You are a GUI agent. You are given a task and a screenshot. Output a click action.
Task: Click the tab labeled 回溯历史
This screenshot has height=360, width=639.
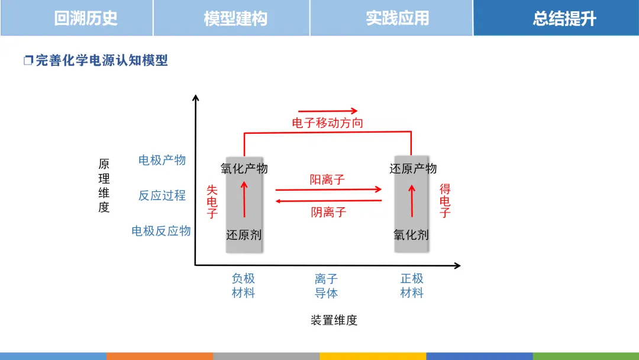coord(86,18)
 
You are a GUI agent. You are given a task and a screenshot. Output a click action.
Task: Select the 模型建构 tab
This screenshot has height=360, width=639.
coord(235,18)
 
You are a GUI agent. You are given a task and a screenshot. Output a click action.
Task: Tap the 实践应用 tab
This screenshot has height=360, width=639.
coord(397,18)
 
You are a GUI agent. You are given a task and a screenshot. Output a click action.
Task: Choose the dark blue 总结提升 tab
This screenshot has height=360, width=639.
coord(564,18)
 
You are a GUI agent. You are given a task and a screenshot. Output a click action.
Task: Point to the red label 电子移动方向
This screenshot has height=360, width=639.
coord(328,123)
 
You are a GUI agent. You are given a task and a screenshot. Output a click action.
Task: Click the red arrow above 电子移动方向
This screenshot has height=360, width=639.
coord(328,111)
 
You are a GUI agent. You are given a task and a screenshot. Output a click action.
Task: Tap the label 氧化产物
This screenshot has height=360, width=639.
coord(244,169)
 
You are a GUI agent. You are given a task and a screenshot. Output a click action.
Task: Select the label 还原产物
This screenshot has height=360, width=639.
coord(413,169)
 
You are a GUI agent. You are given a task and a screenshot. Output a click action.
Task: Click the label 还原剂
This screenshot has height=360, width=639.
coord(244,235)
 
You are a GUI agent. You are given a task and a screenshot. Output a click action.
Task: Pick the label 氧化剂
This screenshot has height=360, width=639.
coord(411,235)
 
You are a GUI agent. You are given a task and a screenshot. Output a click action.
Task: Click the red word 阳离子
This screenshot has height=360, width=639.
coord(327,179)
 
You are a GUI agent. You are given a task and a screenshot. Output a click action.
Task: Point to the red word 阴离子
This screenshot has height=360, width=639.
coord(328,212)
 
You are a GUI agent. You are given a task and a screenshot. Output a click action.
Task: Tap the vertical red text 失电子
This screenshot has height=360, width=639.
coord(212,202)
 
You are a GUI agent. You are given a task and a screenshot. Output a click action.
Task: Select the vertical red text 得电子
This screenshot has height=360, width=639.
coord(445,201)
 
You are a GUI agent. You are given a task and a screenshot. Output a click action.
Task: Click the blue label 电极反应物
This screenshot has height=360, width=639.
coord(161,231)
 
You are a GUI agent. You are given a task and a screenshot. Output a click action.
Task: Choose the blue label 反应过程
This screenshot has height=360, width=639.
coord(162,195)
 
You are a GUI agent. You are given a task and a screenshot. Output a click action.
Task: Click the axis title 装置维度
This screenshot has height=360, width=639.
coord(334,320)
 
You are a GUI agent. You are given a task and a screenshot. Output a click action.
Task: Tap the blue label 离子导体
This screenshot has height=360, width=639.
coord(326,285)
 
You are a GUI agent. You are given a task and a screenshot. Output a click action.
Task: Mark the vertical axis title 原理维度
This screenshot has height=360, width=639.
coord(104,186)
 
